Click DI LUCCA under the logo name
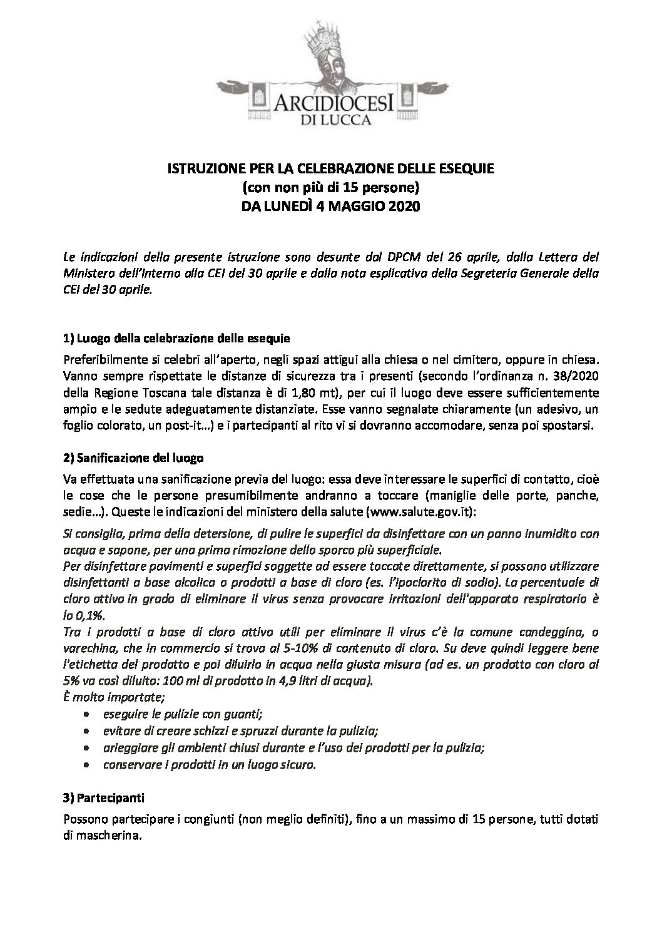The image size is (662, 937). coord(330,120)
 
